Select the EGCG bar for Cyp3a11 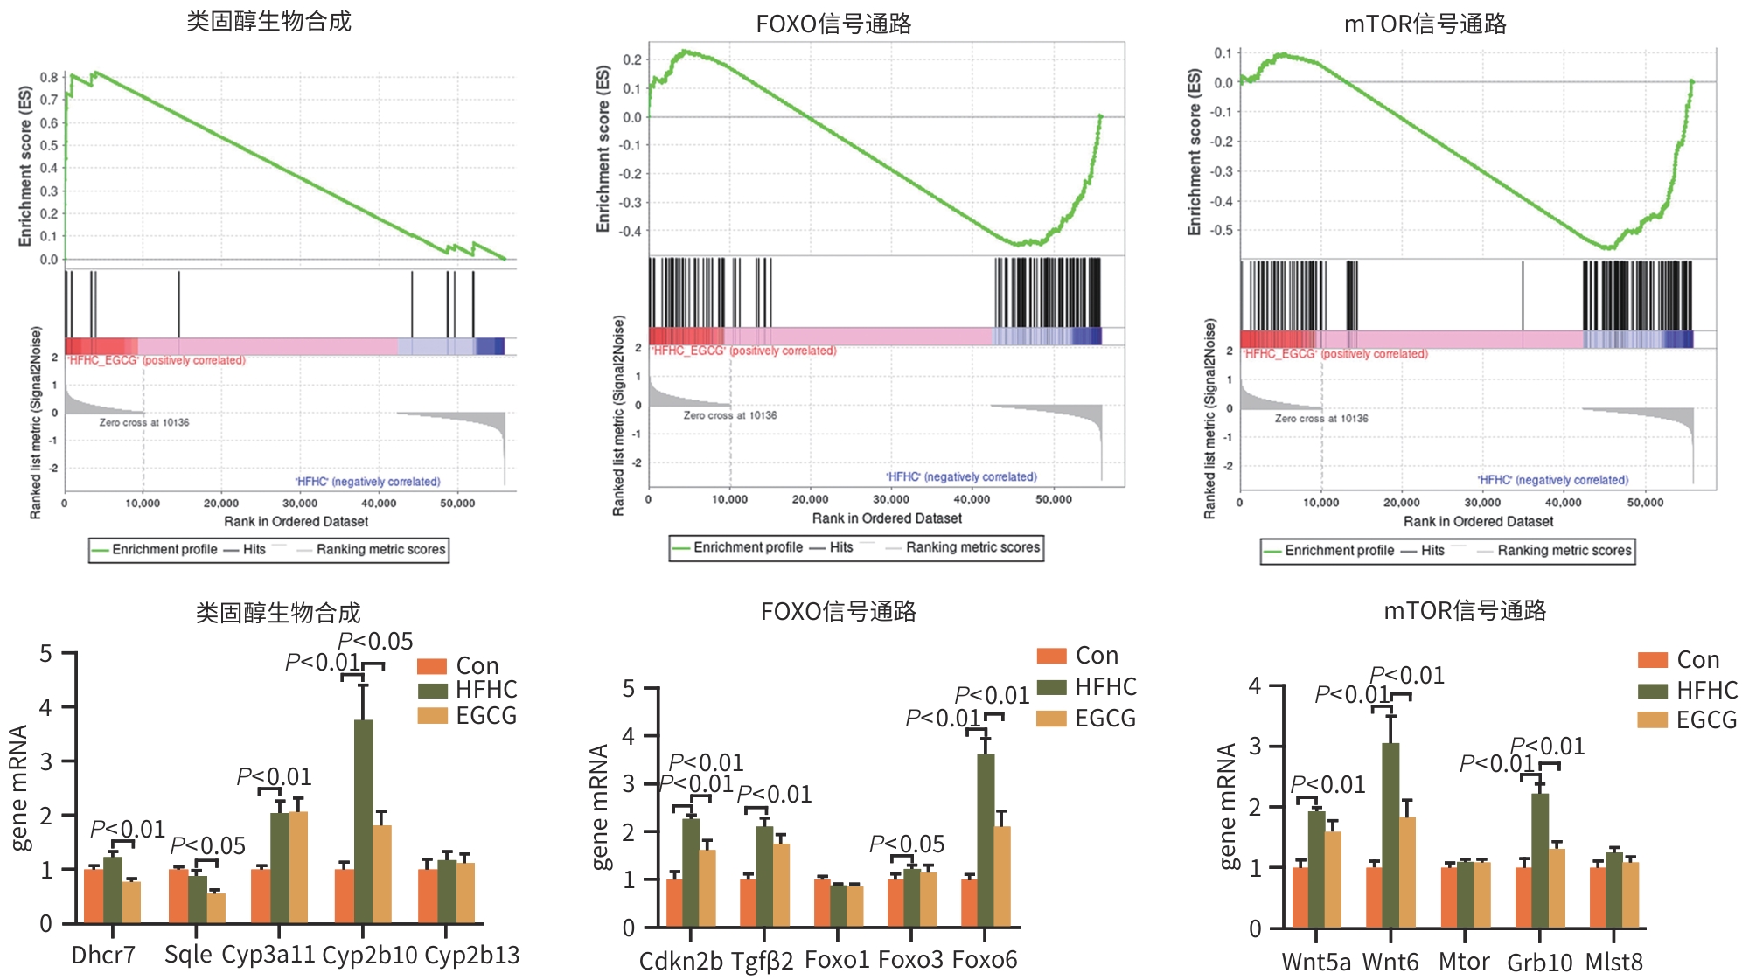pos(298,866)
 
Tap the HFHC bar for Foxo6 pos(986,839)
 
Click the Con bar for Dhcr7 pos(94,896)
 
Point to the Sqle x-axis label pos(188,954)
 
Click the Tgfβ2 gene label pos(763,961)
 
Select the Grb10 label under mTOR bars pos(1539,963)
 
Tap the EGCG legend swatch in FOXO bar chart pos(1051,719)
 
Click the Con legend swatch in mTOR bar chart pos(1653,660)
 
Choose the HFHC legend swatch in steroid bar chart pos(432,691)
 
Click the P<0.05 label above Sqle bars pos(208,845)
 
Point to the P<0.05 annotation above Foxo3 pos(907,844)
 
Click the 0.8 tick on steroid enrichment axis pos(49,77)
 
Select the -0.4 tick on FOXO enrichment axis pos(630,231)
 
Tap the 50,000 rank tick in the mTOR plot pos(1645,503)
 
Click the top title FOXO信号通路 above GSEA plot pos(833,24)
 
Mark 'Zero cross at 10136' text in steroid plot pos(144,422)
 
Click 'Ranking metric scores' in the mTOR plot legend pos(1564,551)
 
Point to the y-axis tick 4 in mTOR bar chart pos(1255,685)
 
